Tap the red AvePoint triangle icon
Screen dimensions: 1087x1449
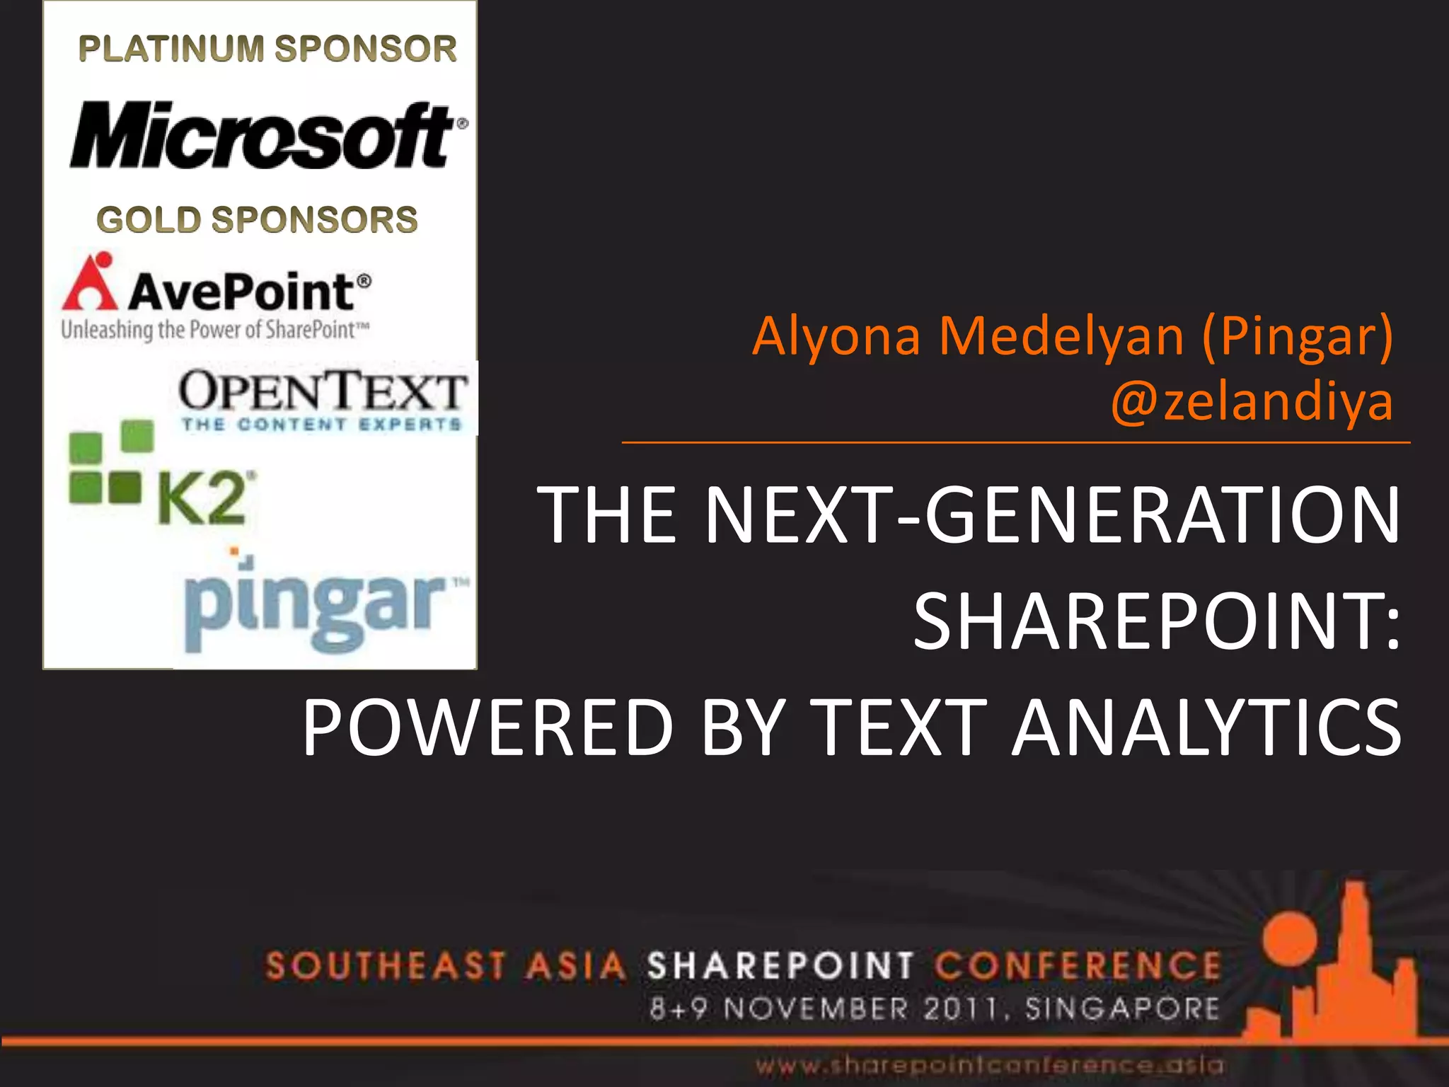pyautogui.click(x=91, y=283)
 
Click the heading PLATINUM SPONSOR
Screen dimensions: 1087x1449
pyautogui.click(x=267, y=49)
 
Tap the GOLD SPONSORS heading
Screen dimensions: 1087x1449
pyautogui.click(x=257, y=219)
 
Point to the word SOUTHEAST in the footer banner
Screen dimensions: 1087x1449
pyautogui.click(x=386, y=966)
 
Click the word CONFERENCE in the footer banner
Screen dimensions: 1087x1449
pyautogui.click(x=1078, y=966)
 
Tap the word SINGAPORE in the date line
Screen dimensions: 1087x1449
pyautogui.click(x=1122, y=1008)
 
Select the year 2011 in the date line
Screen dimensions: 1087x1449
pyautogui.click(x=962, y=1008)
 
